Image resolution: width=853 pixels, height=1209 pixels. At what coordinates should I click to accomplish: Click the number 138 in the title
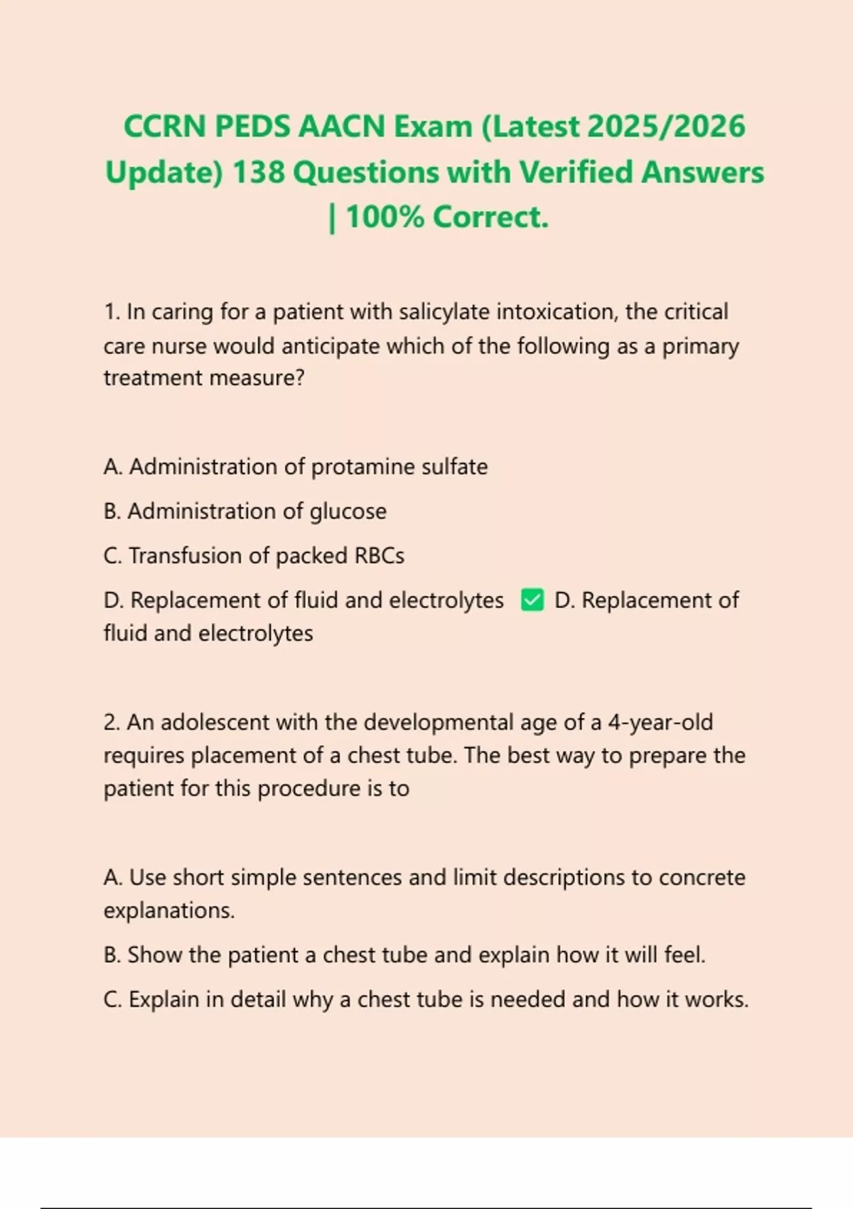point(258,173)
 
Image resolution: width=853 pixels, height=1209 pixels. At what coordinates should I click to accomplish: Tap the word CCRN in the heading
point(165,127)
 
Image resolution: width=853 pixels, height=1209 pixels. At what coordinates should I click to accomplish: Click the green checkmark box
point(532,600)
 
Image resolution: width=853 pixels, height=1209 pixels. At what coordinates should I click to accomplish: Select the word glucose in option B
point(348,512)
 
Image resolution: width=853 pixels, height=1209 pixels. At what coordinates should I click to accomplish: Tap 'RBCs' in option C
point(379,556)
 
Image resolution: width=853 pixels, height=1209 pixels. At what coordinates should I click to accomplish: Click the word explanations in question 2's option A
point(168,911)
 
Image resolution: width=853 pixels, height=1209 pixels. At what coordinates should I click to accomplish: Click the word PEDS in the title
point(252,127)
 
